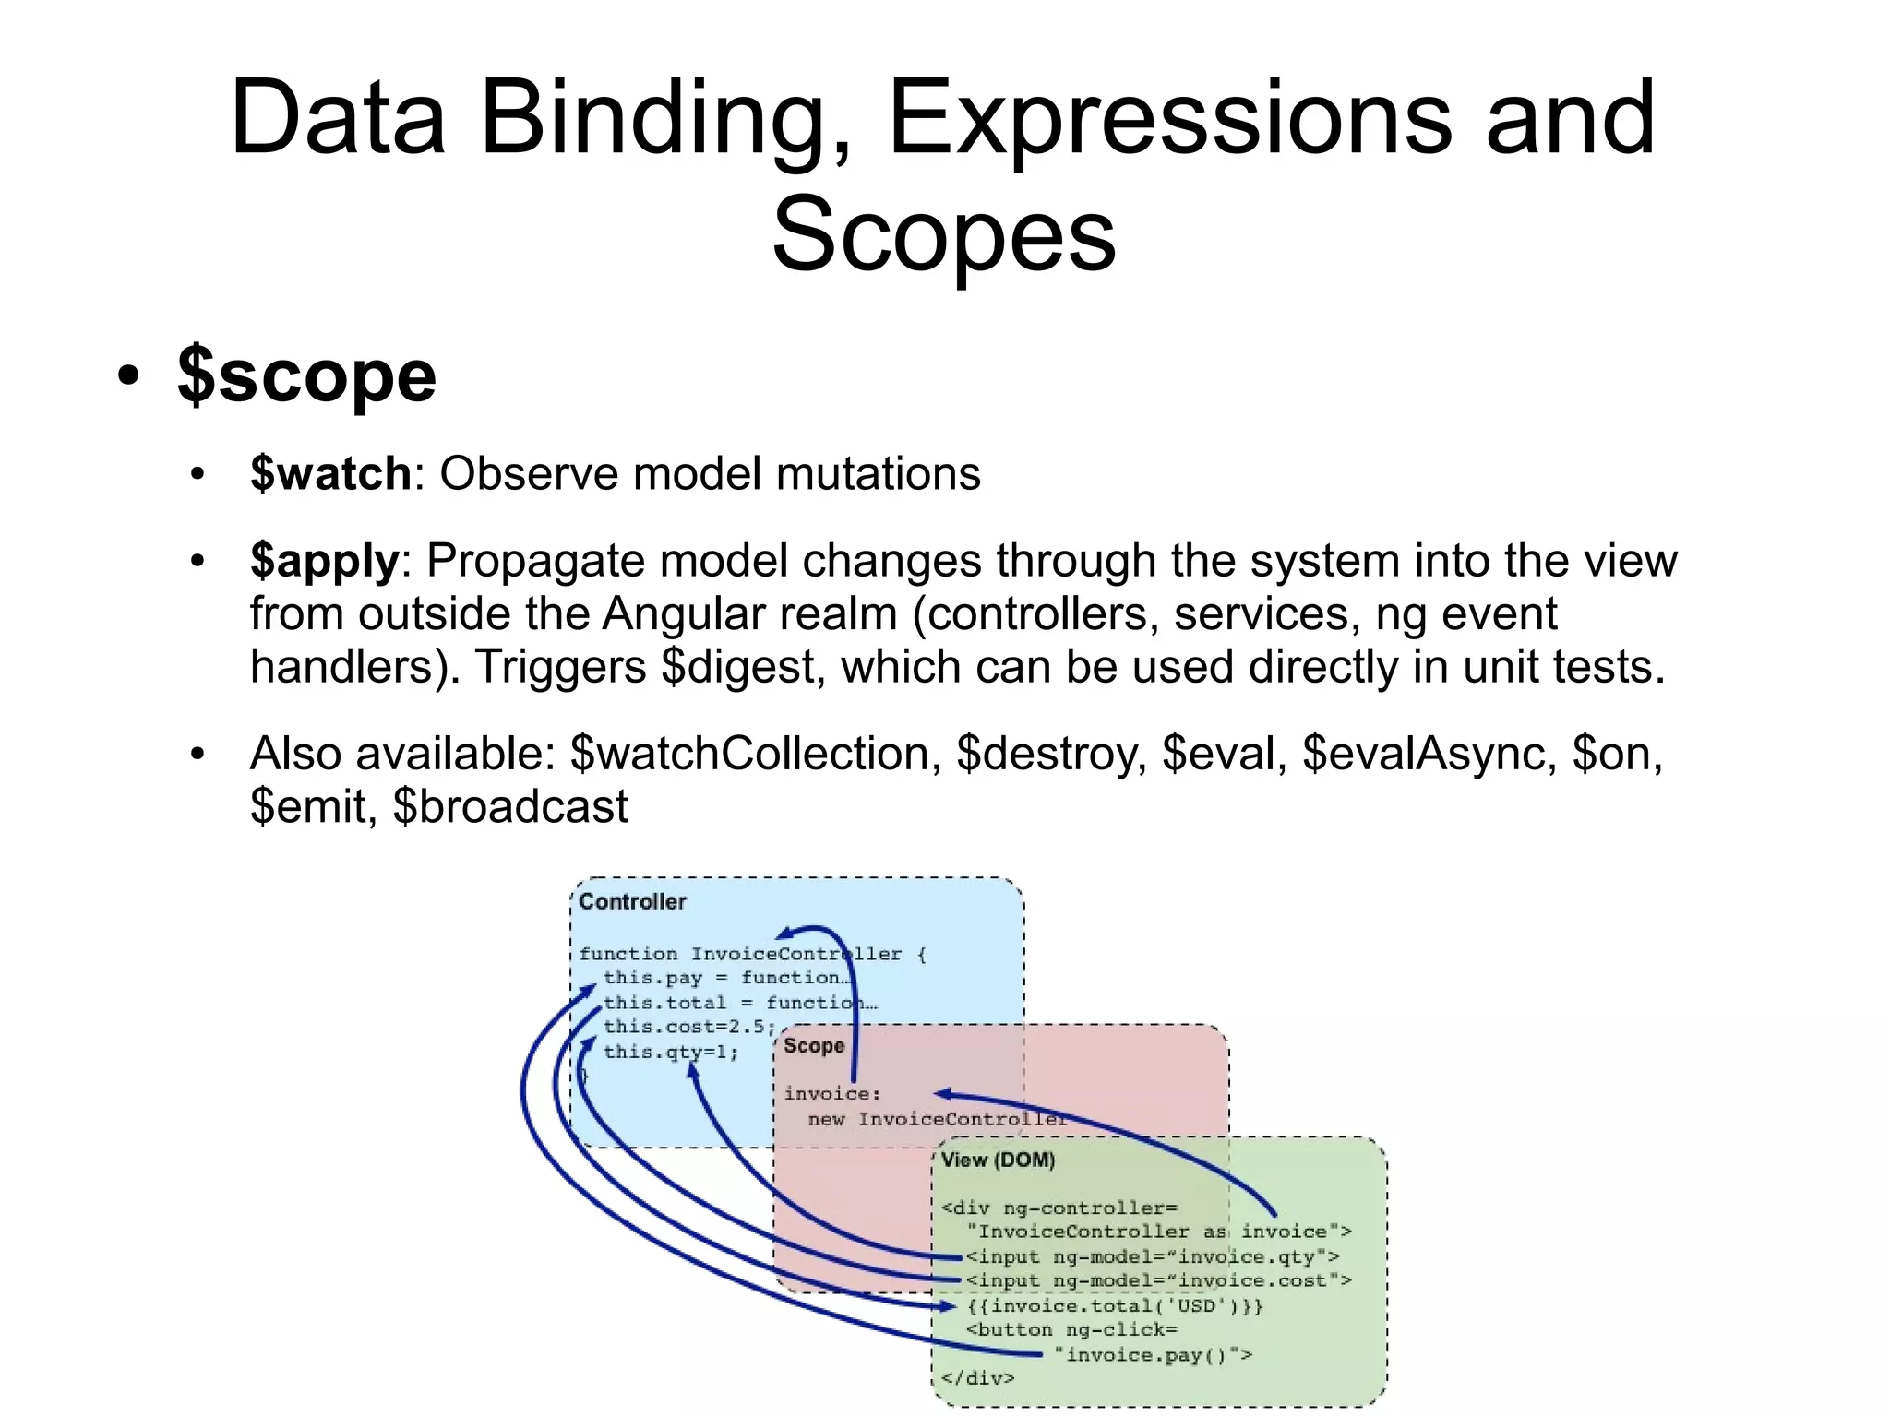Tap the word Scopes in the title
pyautogui.click(x=943, y=234)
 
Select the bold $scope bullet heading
pyautogui.click(x=306, y=376)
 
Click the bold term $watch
pyautogui.click(x=330, y=474)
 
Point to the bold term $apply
pyautogui.click(x=324, y=561)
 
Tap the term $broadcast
pyautogui.click(x=509, y=807)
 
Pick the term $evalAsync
pyautogui.click(x=1423, y=754)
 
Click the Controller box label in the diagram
pyautogui.click(x=633, y=901)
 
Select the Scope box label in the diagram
pyautogui.click(x=813, y=1046)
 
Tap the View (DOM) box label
pyautogui.click(x=998, y=1160)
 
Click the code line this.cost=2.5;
pyautogui.click(x=688, y=1027)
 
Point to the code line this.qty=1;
pyautogui.click(x=671, y=1052)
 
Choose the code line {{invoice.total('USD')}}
pyautogui.click(x=1115, y=1305)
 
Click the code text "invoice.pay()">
pyautogui.click(x=1154, y=1354)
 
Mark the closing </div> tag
pyautogui.click(x=977, y=1378)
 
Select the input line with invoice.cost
pyautogui.click(x=1159, y=1280)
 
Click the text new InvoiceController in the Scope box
pyautogui.click(x=937, y=1119)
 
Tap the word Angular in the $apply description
pyautogui.click(x=749, y=614)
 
